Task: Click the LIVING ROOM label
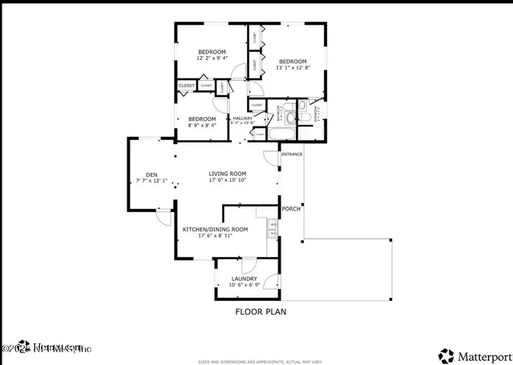point(228,174)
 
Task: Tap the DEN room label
point(151,174)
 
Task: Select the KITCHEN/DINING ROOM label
point(215,229)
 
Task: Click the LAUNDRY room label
point(244,279)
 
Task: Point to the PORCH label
point(291,209)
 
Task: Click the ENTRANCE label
point(291,154)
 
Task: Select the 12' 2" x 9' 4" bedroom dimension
point(212,58)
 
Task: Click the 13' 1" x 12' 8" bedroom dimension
point(293,68)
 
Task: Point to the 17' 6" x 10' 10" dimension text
point(228,180)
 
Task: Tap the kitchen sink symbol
point(273,228)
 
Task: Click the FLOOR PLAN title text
point(261,312)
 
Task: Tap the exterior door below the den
point(164,215)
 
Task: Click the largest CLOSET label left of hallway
point(186,85)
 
